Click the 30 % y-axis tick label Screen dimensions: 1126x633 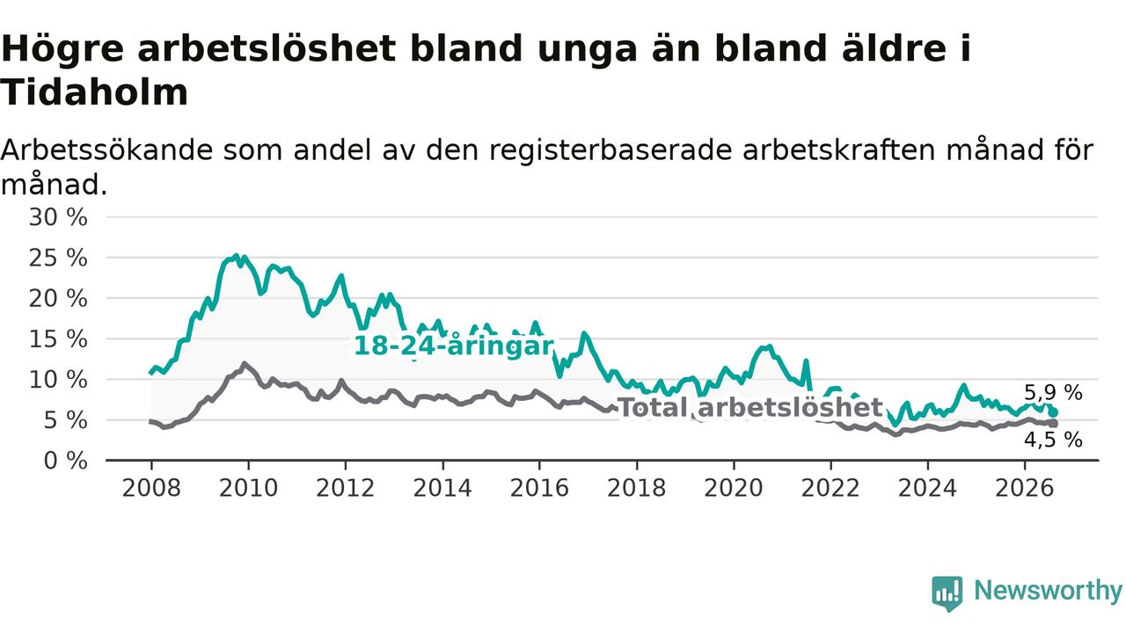pyautogui.click(x=58, y=217)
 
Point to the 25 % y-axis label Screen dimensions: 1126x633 pyautogui.click(x=58, y=258)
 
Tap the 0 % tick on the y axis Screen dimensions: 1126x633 pyautogui.click(x=65, y=461)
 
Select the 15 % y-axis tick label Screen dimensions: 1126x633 pyautogui.click(x=58, y=339)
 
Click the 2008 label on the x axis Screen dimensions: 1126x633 pyautogui.click(x=151, y=488)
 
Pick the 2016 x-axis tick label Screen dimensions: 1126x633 pyautogui.click(x=539, y=488)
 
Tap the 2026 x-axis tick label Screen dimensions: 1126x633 pyautogui.click(x=1025, y=488)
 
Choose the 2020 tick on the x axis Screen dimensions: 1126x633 pyautogui.click(x=734, y=488)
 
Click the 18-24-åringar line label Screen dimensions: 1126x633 pyautogui.click(x=454, y=346)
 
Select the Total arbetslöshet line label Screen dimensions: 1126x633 pyautogui.click(x=750, y=407)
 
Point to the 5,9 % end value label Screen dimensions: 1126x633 pyautogui.click(x=1053, y=392)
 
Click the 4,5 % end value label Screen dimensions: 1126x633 pyautogui.click(x=1053, y=440)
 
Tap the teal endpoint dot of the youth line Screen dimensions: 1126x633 pyautogui.click(x=1054, y=412)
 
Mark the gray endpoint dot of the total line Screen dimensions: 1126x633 pyautogui.click(x=1054, y=424)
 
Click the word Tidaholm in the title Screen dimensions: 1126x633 pyautogui.click(x=94, y=93)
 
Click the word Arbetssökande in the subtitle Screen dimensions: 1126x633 pyautogui.click(x=106, y=150)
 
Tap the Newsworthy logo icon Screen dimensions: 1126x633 pyautogui.click(x=947, y=593)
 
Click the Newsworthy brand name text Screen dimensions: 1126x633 pyautogui.click(x=1048, y=591)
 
